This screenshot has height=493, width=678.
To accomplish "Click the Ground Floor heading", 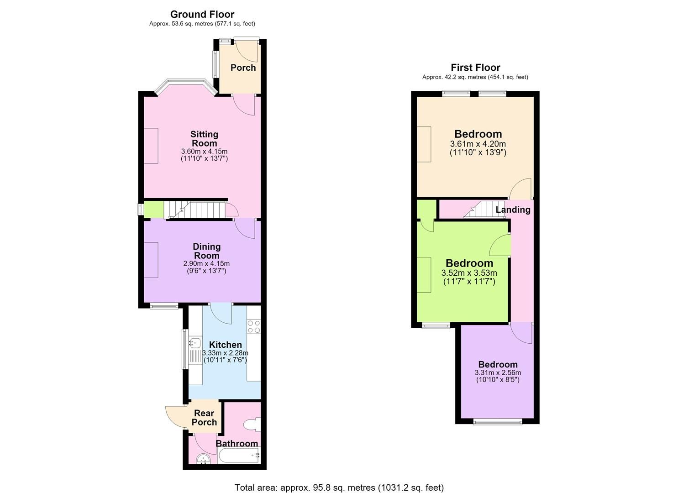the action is [x=202, y=14].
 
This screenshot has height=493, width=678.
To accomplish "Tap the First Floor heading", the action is [x=475, y=67].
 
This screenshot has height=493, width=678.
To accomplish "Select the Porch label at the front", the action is [x=243, y=68].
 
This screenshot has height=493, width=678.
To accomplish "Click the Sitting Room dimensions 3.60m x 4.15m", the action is [x=204, y=151].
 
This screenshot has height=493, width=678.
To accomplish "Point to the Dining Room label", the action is [x=207, y=251].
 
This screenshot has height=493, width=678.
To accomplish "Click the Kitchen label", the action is [x=226, y=344].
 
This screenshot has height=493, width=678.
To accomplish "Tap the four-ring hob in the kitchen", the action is [x=254, y=326].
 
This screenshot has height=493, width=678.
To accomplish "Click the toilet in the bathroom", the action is [x=252, y=425].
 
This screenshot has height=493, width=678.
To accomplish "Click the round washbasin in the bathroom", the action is [x=203, y=459].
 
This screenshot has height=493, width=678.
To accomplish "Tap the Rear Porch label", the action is [x=204, y=417].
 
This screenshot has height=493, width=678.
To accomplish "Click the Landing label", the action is [x=513, y=210].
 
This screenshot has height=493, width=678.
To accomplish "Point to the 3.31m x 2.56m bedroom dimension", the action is [x=498, y=372].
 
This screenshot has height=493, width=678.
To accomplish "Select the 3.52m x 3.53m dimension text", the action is [x=469, y=273].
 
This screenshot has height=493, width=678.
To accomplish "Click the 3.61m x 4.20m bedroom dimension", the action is [x=478, y=144].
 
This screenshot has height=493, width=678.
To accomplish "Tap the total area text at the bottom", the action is [x=339, y=479].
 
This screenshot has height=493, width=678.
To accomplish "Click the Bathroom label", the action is [x=237, y=443].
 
